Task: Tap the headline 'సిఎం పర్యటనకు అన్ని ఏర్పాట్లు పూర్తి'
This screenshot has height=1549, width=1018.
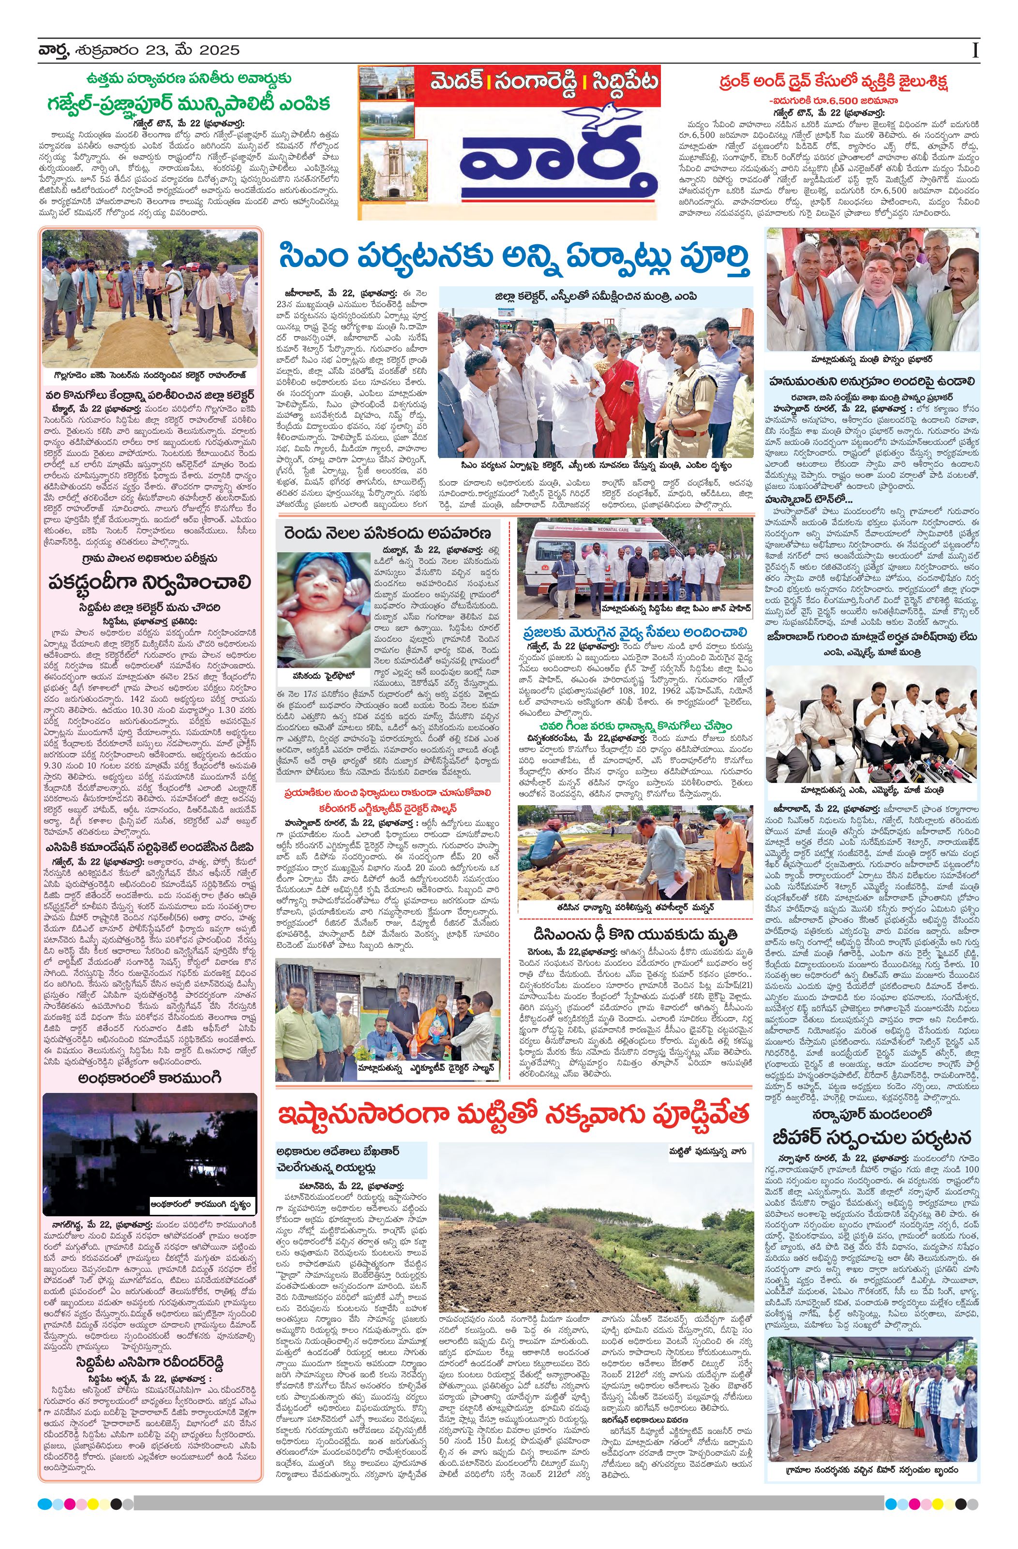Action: click(514, 258)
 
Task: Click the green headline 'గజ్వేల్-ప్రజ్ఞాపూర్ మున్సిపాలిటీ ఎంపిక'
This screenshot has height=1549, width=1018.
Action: click(189, 103)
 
